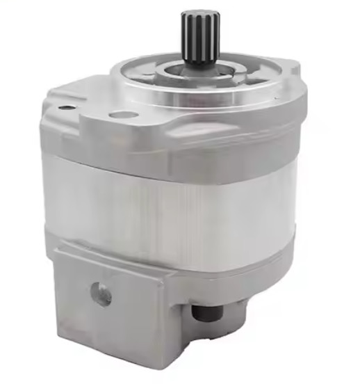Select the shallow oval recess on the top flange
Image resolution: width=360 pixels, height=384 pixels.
point(123,115)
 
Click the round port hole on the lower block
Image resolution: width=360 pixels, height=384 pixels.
point(101,295)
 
